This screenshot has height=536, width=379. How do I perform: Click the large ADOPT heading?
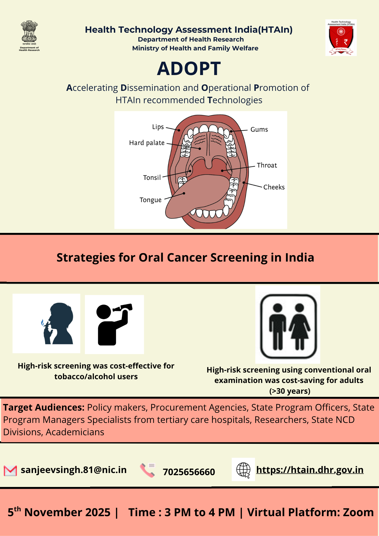pos(189,69)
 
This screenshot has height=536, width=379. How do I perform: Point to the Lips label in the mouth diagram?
pos(158,127)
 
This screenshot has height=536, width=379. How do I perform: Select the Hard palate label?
pos(147,143)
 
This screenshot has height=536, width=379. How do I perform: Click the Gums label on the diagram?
pos(259,129)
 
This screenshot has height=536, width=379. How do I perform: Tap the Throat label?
pos(267,165)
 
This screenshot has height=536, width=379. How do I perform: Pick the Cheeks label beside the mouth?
pos(274,187)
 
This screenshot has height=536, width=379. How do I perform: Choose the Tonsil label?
pos(152,178)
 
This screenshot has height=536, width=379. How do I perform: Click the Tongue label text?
pos(151,200)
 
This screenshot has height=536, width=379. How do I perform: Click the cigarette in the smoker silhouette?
pos(47,325)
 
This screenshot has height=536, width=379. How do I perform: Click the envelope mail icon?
pos(10,471)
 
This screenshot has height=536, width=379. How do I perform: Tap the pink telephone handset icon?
pos(147,470)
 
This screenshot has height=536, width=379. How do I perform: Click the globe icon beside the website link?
pos(243,470)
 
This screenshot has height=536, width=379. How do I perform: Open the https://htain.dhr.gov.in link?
pos(310,470)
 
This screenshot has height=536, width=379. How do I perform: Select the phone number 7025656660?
pos(189,472)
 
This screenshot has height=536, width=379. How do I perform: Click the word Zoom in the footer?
pos(358,512)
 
